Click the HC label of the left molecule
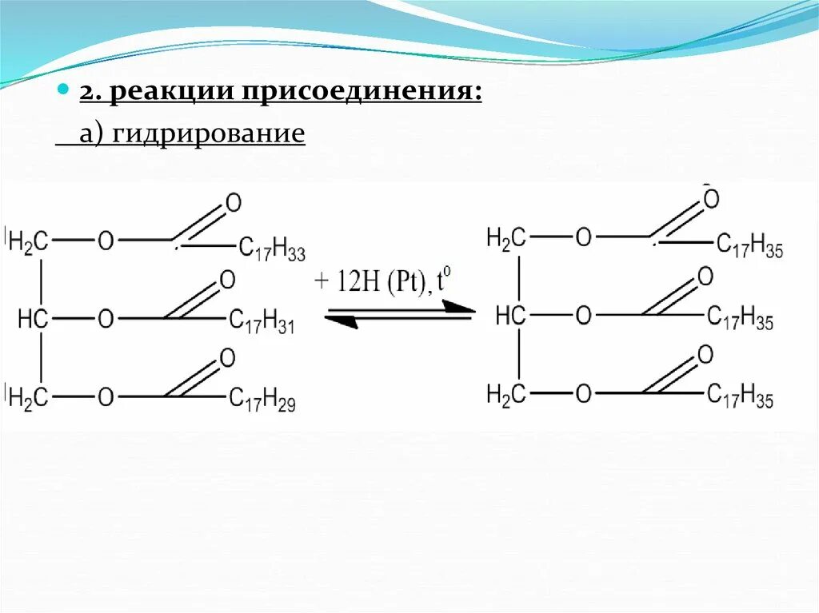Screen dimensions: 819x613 pyautogui.click(x=34, y=320)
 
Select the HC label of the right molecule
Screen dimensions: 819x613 pyautogui.click(x=510, y=316)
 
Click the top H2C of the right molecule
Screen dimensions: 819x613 pyautogui.click(x=506, y=237)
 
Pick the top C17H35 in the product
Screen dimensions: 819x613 pyautogui.click(x=749, y=245)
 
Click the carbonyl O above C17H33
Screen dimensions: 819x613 pyautogui.click(x=234, y=203)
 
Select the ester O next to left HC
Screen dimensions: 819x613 pyautogui.click(x=106, y=320)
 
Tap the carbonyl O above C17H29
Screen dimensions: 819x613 pyautogui.click(x=227, y=358)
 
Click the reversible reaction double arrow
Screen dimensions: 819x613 pyautogui.click(x=398, y=312)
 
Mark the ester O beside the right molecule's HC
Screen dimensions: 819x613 pyautogui.click(x=584, y=316)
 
